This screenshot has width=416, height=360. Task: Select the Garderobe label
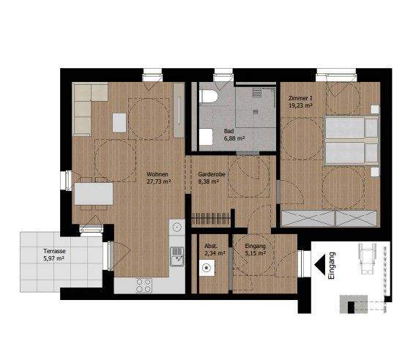(211, 174)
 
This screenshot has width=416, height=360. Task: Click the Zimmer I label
(301, 98)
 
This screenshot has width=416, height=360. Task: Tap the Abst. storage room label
(211, 246)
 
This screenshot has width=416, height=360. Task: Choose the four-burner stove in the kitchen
(144, 284)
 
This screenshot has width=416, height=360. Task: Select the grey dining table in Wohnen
(94, 194)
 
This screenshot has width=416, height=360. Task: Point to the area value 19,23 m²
(301, 105)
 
